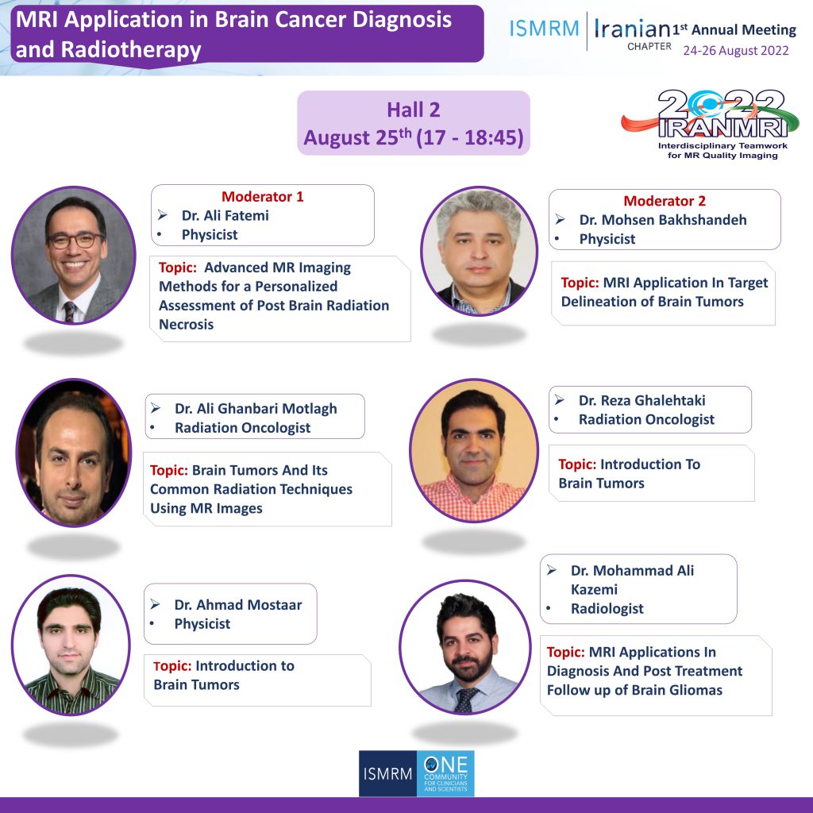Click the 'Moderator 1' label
[x=262, y=197]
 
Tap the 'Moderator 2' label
[x=665, y=201]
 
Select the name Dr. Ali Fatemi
[x=225, y=216]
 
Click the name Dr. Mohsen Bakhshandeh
[x=663, y=220]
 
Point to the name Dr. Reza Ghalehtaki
[x=642, y=400]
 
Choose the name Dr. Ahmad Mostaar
[x=238, y=604]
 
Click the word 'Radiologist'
[x=607, y=609]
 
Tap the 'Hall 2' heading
[x=413, y=110]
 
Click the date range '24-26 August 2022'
[x=736, y=51]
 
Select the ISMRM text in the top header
[x=544, y=29]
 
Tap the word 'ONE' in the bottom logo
[x=446, y=765]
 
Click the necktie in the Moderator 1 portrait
[x=69, y=311]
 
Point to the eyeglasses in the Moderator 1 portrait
[x=75, y=241]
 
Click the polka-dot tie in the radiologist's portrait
[x=465, y=700]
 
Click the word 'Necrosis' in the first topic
[x=186, y=325]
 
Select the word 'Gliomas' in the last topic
[x=696, y=690]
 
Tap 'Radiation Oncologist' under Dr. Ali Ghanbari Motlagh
[x=242, y=428]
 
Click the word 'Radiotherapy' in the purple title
[x=131, y=50]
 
